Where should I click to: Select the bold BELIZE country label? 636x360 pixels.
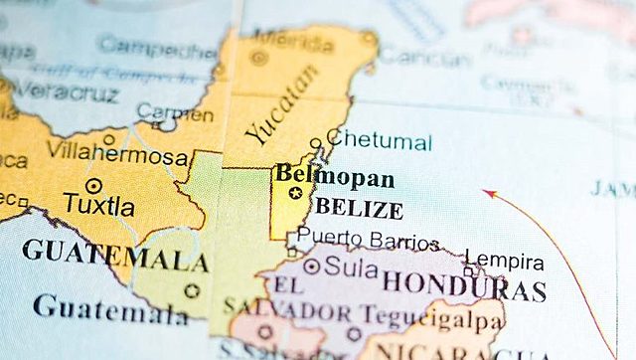coord(359,210)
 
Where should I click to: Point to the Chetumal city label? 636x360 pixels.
coord(380,140)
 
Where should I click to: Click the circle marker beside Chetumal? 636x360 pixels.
coord(316,143)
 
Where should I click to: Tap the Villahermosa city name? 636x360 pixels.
coord(117,157)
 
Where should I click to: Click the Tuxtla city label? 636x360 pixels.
coord(98,206)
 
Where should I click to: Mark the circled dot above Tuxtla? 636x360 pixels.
coord(93,185)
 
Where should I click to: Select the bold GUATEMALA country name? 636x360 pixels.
coord(114,255)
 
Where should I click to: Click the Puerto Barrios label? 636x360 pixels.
coord(368,240)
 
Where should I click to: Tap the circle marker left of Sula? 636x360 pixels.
coord(312,267)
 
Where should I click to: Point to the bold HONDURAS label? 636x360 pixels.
coord(464,285)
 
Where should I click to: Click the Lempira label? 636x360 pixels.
coord(505,263)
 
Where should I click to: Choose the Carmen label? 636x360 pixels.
coord(175,112)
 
